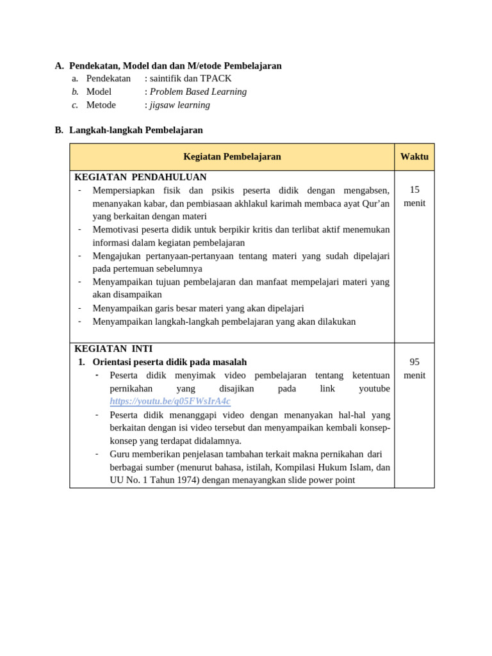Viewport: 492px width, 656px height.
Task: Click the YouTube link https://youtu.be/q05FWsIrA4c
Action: [170, 402]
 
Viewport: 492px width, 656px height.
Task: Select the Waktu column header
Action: [414, 156]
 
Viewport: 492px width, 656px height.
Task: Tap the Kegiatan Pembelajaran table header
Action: [232, 156]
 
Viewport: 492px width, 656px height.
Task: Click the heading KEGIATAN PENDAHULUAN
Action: [140, 177]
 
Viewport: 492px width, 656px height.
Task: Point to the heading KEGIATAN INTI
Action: [113, 349]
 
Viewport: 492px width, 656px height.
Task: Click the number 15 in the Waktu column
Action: [414, 190]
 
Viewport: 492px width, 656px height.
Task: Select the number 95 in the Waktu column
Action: [414, 362]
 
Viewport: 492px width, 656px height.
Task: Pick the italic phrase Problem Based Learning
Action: [198, 92]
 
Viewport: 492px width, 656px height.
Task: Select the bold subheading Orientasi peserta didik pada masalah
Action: [170, 362]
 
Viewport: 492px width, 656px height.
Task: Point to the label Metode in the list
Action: [101, 105]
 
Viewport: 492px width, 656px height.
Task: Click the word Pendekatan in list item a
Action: [108, 78]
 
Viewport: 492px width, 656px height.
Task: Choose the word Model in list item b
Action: [99, 92]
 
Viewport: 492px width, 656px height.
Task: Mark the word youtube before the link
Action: [374, 389]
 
